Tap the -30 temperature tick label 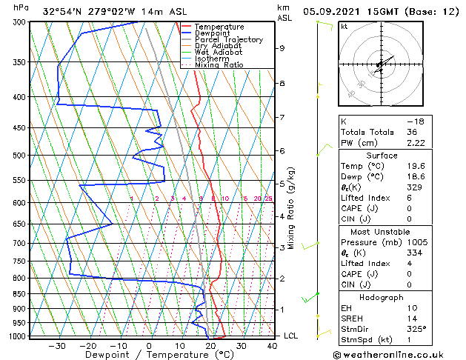56,345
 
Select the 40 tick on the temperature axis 272,345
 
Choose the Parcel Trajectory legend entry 228,40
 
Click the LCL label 291,336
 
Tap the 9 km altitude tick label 282,48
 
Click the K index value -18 415,121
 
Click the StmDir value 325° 416,329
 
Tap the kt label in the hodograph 344,26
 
